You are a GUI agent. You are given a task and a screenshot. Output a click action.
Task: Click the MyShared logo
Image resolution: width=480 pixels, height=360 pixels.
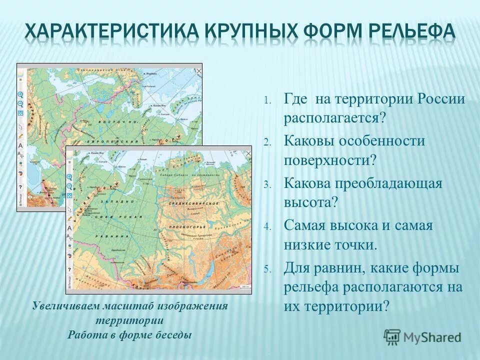pos(423,336)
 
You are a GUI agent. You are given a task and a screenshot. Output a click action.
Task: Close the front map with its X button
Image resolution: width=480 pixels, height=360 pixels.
pos(247,151)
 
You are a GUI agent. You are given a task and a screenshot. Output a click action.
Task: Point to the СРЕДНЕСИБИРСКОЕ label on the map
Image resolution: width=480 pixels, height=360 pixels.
pos(198,204)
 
